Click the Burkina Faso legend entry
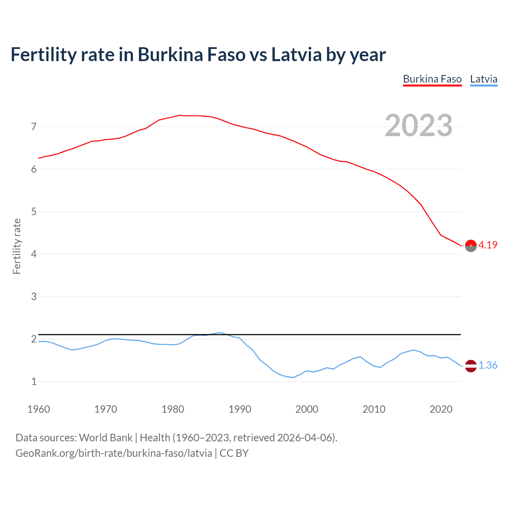click(x=432, y=79)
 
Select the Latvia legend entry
click(x=483, y=79)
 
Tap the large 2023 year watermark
click(x=419, y=125)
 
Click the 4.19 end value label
click(x=488, y=245)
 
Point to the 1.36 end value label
click(x=488, y=365)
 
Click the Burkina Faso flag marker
click(x=471, y=246)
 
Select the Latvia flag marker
click(x=471, y=366)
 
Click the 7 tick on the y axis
click(x=34, y=127)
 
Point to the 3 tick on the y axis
click(x=34, y=296)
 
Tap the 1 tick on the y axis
click(x=34, y=381)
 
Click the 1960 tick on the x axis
click(x=38, y=409)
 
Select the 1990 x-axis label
click(x=240, y=409)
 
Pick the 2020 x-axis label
click(x=441, y=409)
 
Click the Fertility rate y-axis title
click(x=17, y=246)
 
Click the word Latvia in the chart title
click(x=296, y=54)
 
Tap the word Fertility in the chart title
click(x=43, y=54)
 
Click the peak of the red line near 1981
click(x=179, y=115)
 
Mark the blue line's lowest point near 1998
click(x=293, y=377)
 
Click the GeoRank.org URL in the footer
click(x=114, y=453)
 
